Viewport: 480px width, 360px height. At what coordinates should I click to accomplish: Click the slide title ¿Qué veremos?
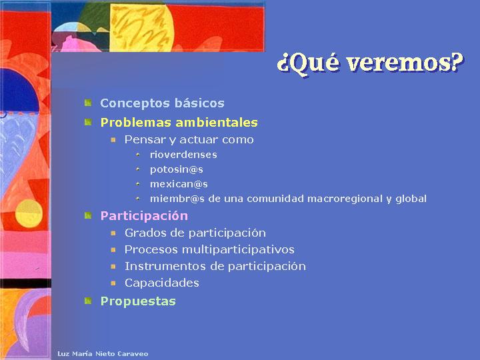click(x=370, y=63)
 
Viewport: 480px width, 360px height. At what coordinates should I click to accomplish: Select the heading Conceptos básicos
click(x=162, y=103)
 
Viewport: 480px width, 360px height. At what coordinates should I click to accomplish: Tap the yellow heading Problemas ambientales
click(x=179, y=123)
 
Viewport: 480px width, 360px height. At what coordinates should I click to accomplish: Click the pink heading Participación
click(x=144, y=216)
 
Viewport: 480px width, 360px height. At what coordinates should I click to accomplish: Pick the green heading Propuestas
click(x=138, y=301)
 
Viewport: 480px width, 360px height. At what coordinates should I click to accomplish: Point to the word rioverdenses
click(x=183, y=155)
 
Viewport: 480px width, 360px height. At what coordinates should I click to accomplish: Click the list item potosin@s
click(x=176, y=169)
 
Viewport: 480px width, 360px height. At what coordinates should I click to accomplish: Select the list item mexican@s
click(x=179, y=184)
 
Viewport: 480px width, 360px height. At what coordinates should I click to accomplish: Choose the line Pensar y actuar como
click(x=189, y=139)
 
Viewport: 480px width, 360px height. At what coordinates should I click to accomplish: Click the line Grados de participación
click(x=195, y=233)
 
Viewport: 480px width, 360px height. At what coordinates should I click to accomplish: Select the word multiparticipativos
click(x=238, y=249)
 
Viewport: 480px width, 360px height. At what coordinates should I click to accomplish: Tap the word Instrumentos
click(x=165, y=266)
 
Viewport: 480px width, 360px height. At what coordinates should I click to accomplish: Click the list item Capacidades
click(x=161, y=283)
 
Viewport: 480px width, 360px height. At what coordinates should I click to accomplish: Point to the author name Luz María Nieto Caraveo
click(x=103, y=354)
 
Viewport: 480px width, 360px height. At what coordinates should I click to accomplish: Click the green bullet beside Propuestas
click(x=88, y=301)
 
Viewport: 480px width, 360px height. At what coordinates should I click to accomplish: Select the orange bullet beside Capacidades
click(x=113, y=283)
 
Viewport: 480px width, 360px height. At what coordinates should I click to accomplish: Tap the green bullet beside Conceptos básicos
click(x=88, y=103)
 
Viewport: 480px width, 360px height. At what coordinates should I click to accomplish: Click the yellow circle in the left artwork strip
click(x=29, y=213)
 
